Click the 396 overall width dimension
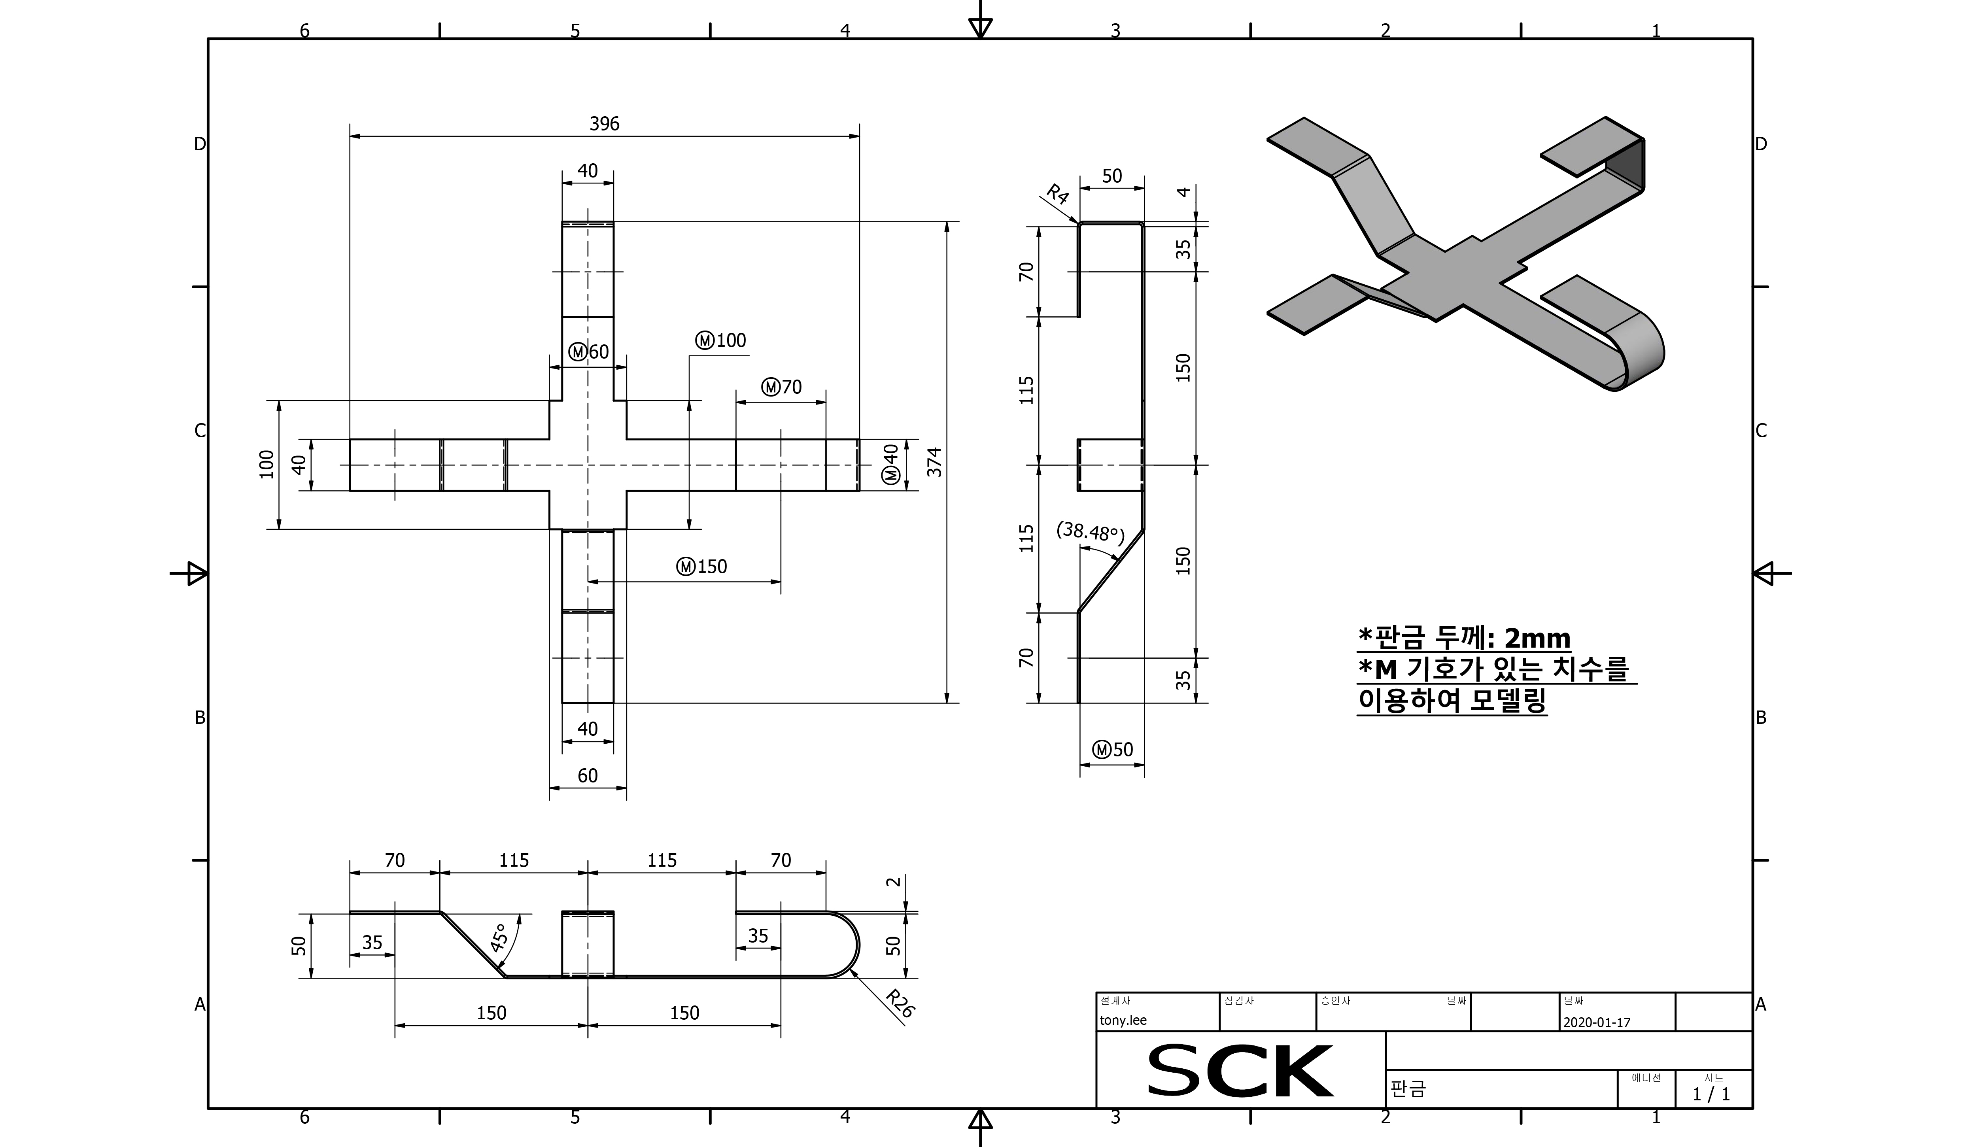click(604, 124)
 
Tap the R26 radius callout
click(900, 1004)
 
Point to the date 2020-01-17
click(1596, 1022)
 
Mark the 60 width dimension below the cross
click(588, 776)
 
